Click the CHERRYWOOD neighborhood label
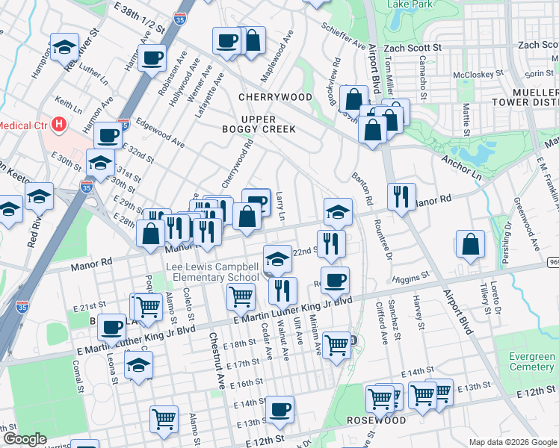pos(275,97)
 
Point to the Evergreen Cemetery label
pos(531,362)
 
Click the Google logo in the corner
pos(24,439)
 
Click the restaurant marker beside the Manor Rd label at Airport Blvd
pos(401,196)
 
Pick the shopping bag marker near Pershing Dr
pos(470,244)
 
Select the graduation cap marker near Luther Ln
pos(65,47)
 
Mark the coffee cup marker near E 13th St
pos(280,409)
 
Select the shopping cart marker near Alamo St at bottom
pos(164,419)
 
